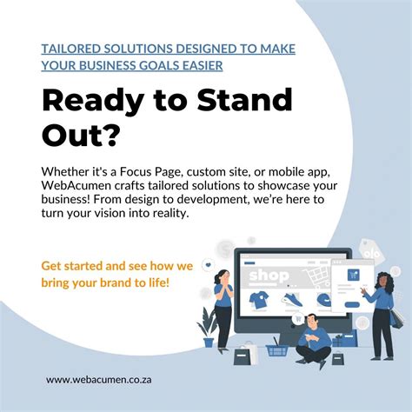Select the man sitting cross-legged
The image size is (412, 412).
click(312, 334)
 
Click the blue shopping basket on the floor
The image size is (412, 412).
click(277, 349)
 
